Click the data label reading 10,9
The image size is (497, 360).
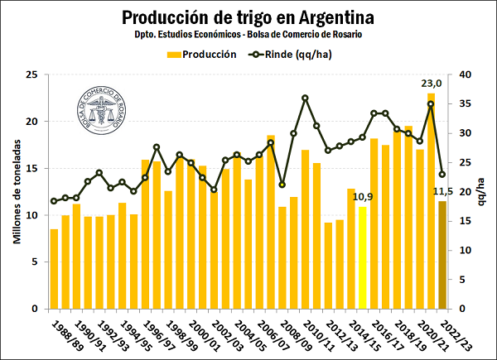[x=362, y=197]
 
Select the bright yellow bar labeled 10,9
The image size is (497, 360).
[x=362, y=257]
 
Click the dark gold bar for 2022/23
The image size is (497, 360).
[x=442, y=255]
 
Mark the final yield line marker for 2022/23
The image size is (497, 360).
[x=442, y=174]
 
